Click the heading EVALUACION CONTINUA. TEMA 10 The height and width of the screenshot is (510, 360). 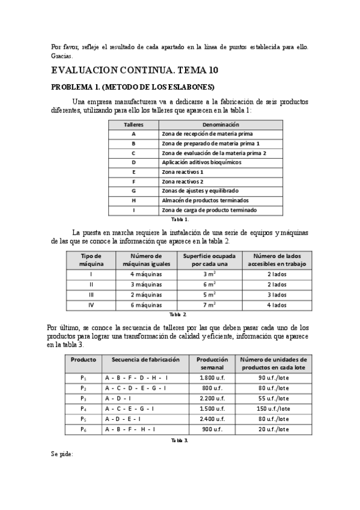(135, 70)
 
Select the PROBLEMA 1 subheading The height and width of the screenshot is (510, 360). (133, 87)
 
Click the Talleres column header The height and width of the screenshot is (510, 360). (133, 124)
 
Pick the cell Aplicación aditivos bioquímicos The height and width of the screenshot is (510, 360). (201, 162)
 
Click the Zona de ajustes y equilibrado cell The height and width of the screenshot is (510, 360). (200, 190)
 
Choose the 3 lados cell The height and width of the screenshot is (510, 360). (276, 295)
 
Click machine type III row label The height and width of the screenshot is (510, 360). (91, 295)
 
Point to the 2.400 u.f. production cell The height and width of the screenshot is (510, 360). (212, 419)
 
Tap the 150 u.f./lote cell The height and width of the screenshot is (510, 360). (273, 408)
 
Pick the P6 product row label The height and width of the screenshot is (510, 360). (84, 429)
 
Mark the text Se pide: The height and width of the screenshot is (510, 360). (62, 454)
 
